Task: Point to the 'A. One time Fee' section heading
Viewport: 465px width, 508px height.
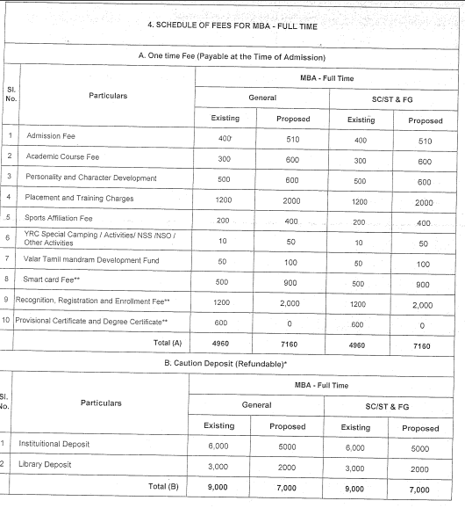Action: [232, 56]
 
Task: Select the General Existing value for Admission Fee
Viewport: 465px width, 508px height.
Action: [225, 137]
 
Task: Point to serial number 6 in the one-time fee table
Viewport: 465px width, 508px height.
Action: [10, 238]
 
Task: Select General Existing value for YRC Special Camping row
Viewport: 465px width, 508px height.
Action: [225, 239]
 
